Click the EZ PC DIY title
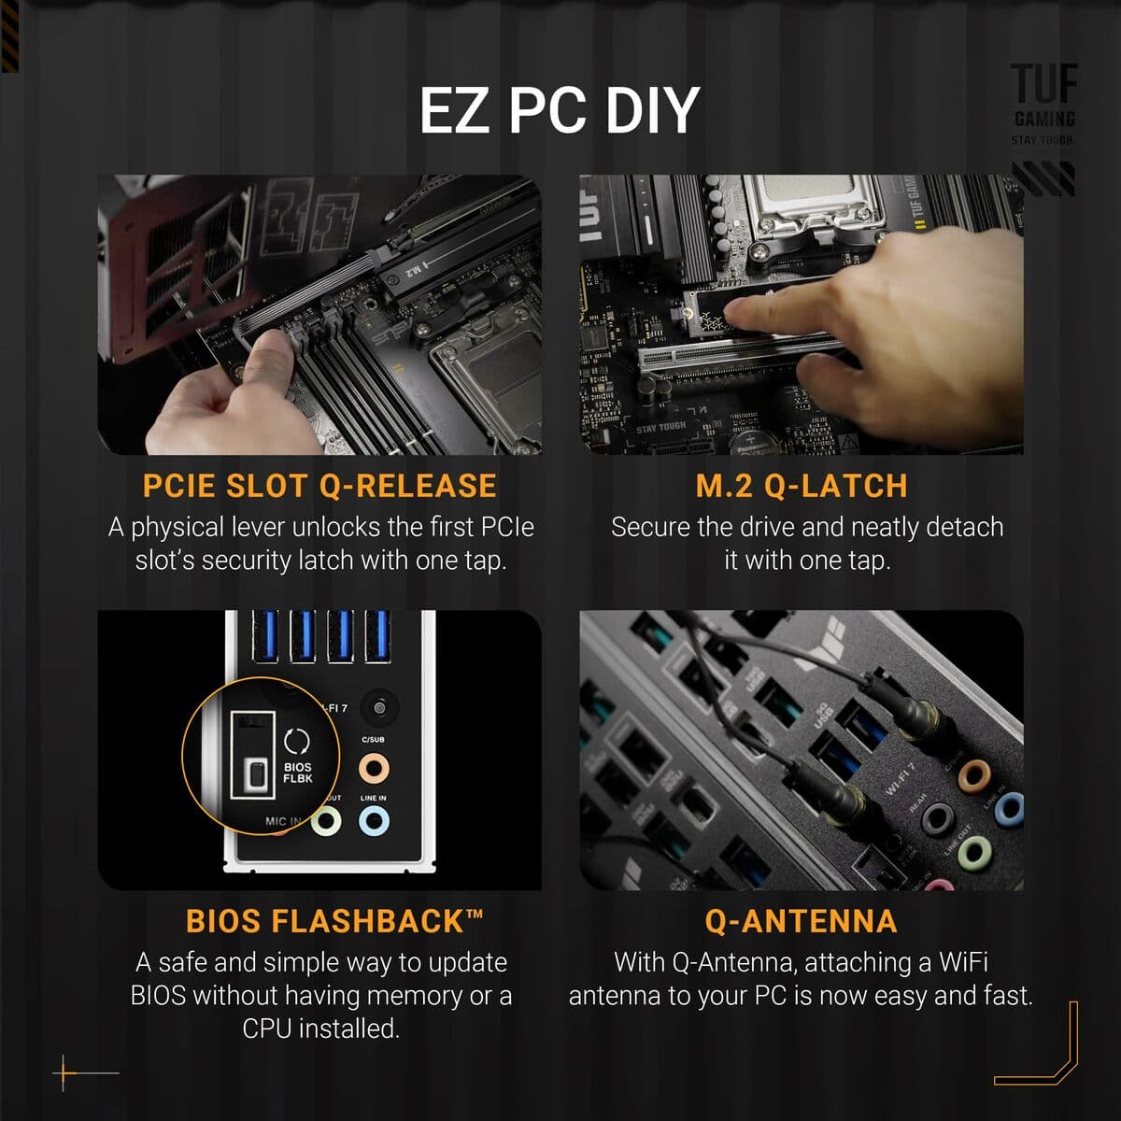[559, 110]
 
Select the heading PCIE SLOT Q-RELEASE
[319, 486]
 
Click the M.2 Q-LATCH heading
[802, 486]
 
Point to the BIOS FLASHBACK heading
[334, 921]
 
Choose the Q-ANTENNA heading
[801, 921]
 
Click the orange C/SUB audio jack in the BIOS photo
[374, 769]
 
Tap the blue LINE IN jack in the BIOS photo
[374, 821]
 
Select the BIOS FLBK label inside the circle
[298, 773]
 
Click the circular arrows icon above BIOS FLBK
[297, 741]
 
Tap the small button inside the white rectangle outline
[253, 774]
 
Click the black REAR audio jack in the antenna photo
[937, 819]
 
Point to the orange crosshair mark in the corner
[64, 1073]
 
